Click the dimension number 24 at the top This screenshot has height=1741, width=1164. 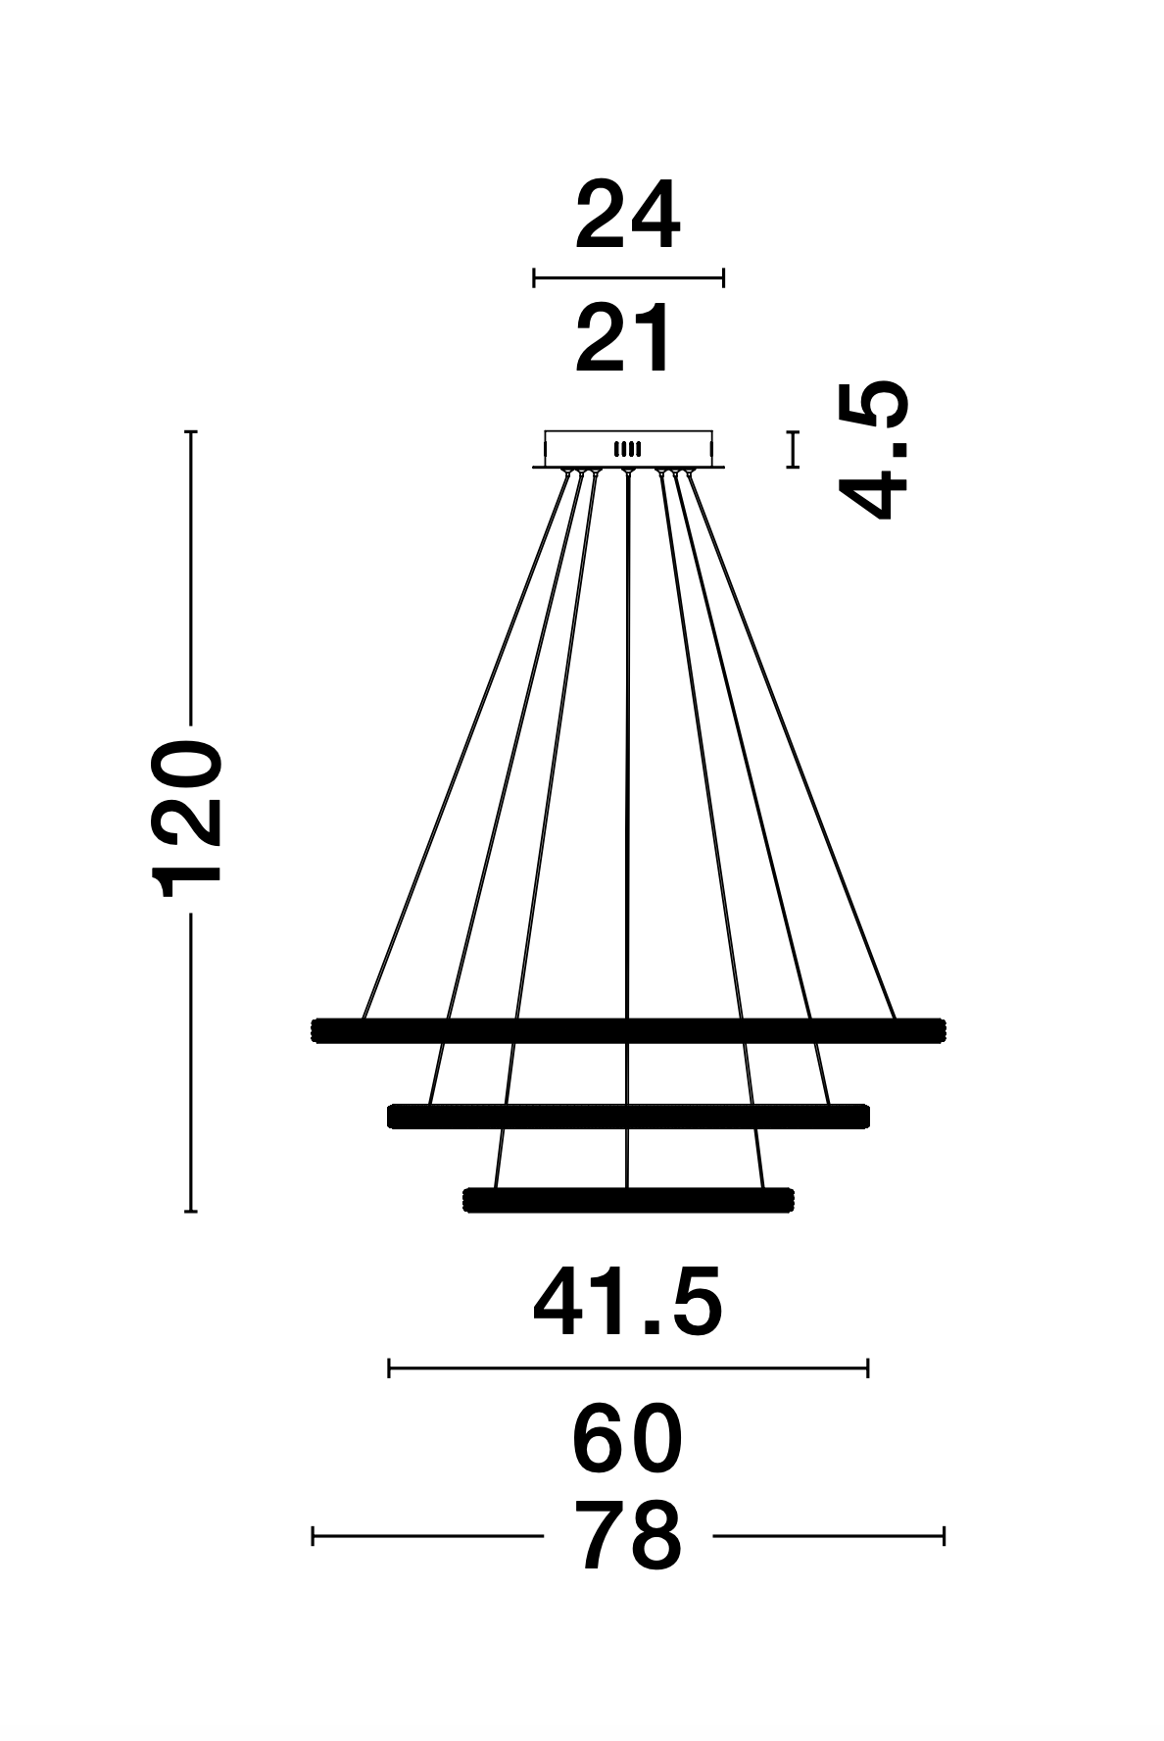[x=627, y=217]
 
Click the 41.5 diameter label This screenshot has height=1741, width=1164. [x=627, y=1303]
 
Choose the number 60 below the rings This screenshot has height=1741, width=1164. [x=627, y=1440]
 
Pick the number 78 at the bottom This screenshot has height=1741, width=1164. [x=627, y=1536]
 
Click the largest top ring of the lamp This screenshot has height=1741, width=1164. [x=628, y=1030]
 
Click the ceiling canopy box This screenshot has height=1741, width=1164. [x=628, y=449]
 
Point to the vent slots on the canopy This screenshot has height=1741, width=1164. [x=627, y=449]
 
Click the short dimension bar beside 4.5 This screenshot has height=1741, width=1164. [x=793, y=449]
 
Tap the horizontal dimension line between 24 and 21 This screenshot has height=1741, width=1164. [x=628, y=277]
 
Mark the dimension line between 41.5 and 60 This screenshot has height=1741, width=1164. [x=628, y=1368]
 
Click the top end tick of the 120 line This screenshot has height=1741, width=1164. [x=191, y=431]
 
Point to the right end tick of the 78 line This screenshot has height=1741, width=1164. [x=944, y=1535]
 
